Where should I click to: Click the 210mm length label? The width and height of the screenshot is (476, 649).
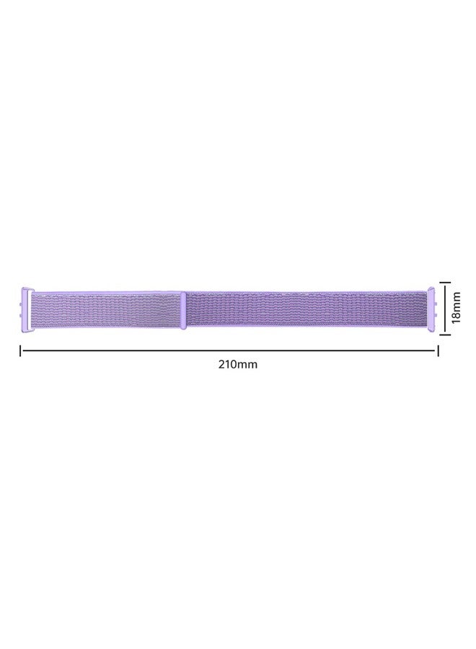237,364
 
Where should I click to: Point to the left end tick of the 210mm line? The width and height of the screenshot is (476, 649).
20,350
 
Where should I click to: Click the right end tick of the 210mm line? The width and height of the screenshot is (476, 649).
437,350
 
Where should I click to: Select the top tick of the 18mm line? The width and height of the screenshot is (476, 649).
446,283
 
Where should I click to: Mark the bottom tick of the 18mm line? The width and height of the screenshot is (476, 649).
446,333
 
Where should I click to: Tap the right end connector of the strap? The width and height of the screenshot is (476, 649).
431,309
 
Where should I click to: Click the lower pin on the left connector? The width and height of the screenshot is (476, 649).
22,318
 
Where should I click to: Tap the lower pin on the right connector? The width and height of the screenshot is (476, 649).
436,318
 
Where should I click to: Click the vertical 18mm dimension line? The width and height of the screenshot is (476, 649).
446,308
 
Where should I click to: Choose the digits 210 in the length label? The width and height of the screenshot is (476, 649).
228,364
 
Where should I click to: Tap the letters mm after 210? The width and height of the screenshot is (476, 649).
247,364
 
